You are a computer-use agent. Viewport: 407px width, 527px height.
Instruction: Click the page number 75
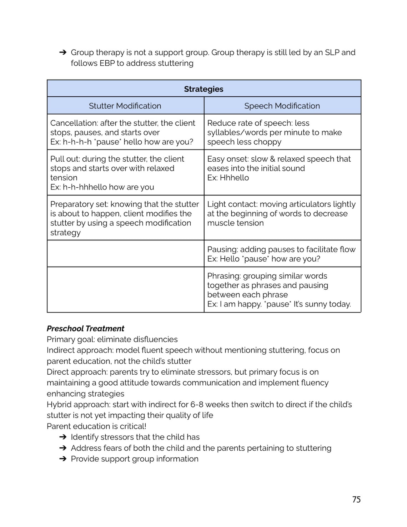click(x=356, y=499)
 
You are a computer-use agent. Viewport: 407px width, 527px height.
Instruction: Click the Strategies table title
click(x=203, y=89)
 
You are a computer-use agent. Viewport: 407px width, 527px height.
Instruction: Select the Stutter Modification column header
click(x=125, y=106)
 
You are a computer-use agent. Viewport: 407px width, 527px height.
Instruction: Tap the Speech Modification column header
click(x=282, y=106)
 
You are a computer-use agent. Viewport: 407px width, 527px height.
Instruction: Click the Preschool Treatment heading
click(x=85, y=328)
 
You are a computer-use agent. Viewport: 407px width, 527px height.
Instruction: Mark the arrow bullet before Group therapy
click(x=63, y=52)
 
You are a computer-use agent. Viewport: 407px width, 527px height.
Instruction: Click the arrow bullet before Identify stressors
click(x=63, y=437)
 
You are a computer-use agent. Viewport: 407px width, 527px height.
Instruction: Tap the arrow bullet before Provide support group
click(x=63, y=459)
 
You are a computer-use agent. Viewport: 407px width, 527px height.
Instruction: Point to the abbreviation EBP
click(x=107, y=63)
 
